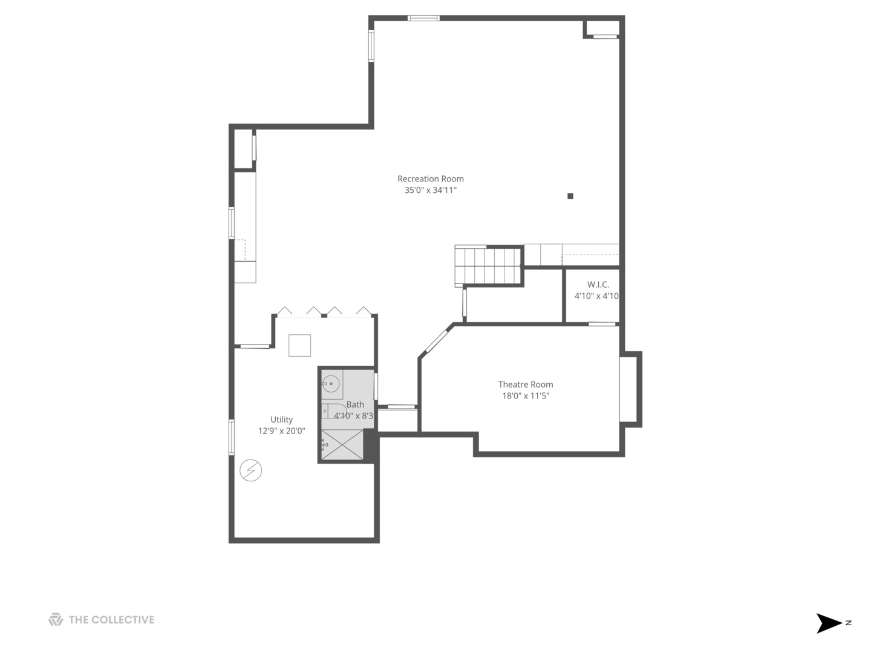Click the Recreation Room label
(x=430, y=178)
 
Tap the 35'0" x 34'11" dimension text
(x=430, y=190)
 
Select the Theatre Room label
(x=525, y=384)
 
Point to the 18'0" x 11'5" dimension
(x=525, y=396)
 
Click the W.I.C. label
(x=598, y=284)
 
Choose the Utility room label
(x=281, y=419)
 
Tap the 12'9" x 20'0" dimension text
(x=281, y=431)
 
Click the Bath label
(x=355, y=404)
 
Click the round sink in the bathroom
(x=331, y=383)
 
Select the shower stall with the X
(x=342, y=444)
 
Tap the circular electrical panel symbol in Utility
(x=250, y=470)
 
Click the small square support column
(x=570, y=196)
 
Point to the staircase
(x=489, y=265)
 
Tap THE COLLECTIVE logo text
(x=111, y=620)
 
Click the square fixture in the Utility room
(x=299, y=345)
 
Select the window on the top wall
(x=423, y=18)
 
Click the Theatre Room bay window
(x=629, y=389)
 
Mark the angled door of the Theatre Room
(x=435, y=341)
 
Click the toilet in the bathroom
(x=333, y=411)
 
